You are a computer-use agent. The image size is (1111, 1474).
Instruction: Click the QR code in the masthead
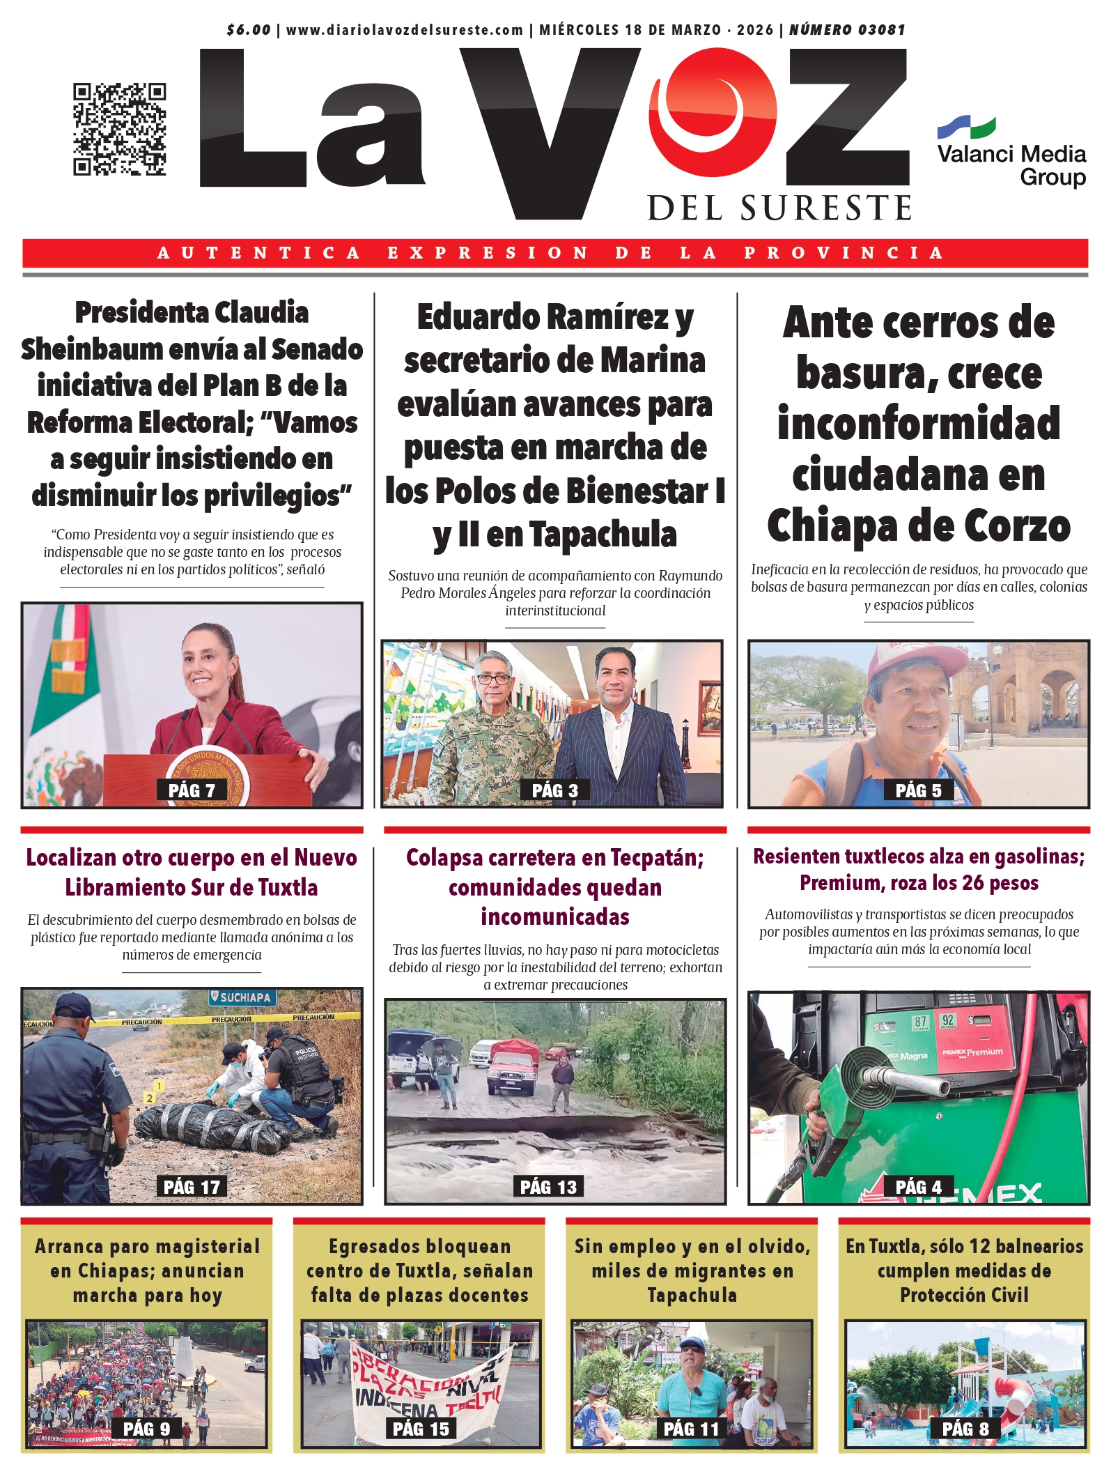pyautogui.click(x=120, y=129)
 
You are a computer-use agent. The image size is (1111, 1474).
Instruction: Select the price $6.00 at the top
pyautogui.click(x=249, y=30)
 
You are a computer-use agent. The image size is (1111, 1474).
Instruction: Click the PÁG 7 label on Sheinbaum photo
pyautogui.click(x=192, y=790)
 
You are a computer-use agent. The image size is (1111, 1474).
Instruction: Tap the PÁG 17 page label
pyautogui.click(x=192, y=1187)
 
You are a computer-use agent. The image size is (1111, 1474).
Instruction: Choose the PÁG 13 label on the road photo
pyautogui.click(x=549, y=1187)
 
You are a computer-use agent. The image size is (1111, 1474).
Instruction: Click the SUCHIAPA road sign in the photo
pyautogui.click(x=242, y=997)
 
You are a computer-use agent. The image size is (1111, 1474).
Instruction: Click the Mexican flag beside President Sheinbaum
pyautogui.click(x=59, y=704)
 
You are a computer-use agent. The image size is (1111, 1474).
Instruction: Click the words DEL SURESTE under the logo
pyautogui.click(x=779, y=208)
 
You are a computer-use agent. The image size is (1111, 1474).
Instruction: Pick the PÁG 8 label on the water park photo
pyautogui.click(x=965, y=1429)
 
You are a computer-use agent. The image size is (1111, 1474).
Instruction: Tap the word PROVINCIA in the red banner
pyautogui.click(x=844, y=253)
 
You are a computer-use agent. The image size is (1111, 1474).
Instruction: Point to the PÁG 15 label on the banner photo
pyautogui.click(x=421, y=1429)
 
